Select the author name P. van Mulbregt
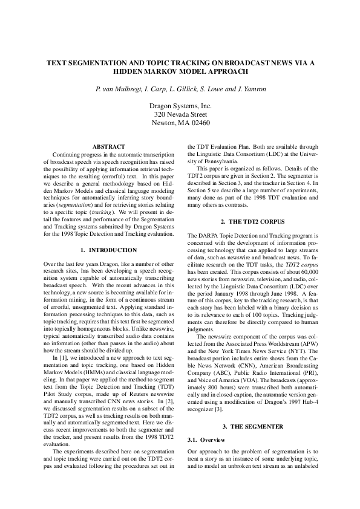tap(121, 89)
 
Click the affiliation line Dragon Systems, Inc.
tap(180, 106)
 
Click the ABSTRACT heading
tap(108, 147)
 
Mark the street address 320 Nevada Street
tap(180, 114)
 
